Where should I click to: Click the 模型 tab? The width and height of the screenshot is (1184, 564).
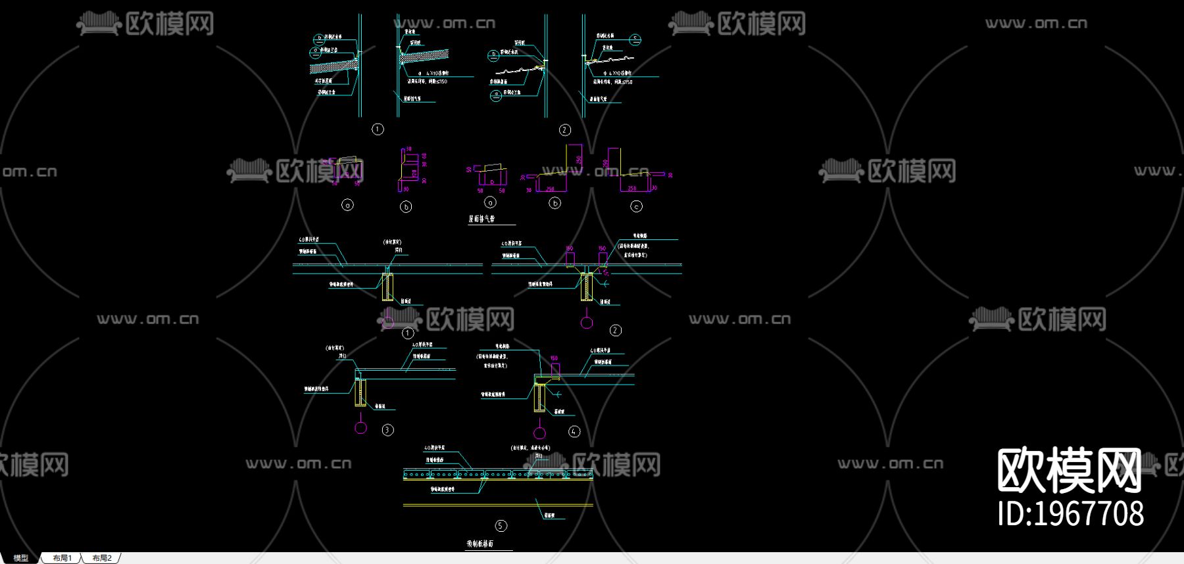[21, 558]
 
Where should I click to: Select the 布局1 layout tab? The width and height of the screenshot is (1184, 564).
[62, 558]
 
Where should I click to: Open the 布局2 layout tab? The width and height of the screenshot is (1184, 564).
[102, 558]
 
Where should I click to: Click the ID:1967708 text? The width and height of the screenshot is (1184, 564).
[1070, 513]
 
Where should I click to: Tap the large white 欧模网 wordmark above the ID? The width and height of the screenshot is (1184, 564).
[1069, 470]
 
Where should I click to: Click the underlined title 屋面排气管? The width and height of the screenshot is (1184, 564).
[481, 219]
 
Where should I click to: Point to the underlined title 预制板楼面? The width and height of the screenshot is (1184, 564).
[480, 544]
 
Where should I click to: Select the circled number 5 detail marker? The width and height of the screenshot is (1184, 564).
[501, 526]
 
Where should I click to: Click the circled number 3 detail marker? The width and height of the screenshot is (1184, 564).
[387, 430]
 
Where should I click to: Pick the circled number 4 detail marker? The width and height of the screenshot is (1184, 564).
[574, 432]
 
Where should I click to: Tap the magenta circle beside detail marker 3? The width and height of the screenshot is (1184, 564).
[360, 428]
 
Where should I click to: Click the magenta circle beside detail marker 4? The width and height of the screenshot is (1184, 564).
[539, 433]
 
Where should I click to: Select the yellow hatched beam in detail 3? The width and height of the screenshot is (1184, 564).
[360, 392]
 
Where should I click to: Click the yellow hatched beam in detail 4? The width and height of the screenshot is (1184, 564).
[539, 398]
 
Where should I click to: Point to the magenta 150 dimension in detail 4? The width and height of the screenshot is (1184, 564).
[554, 359]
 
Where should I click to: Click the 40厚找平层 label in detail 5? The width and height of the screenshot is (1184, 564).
[434, 448]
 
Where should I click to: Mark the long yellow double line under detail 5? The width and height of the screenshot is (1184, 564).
[498, 505]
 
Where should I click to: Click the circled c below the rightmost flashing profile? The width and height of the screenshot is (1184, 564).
[636, 206]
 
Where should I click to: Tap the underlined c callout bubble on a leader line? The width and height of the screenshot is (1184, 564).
[635, 39]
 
